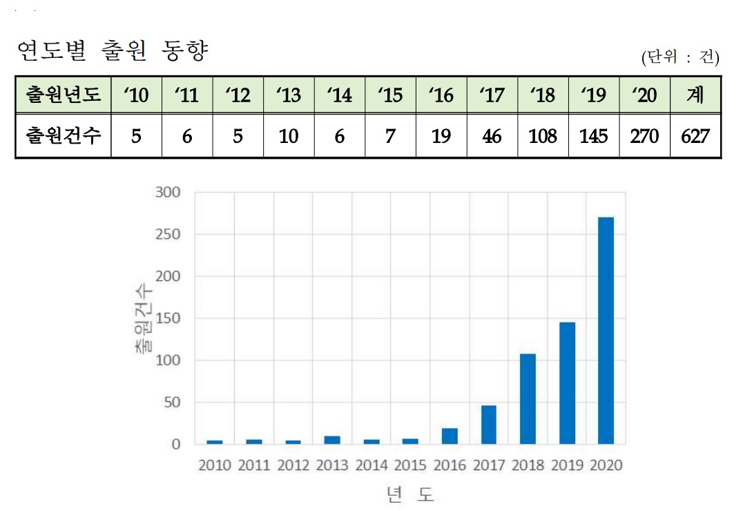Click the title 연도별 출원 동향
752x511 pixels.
pos(111,50)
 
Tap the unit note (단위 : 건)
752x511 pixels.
pos(680,57)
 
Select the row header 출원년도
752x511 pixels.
pos(63,95)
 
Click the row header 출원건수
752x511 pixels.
pos(63,136)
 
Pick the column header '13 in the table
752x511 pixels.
pos(289,95)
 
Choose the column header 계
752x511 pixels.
pos(695,95)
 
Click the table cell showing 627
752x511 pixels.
pos(695,136)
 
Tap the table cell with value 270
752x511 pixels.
pos(644,136)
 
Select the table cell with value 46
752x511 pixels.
pos(492,136)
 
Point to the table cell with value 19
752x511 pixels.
pos(441,136)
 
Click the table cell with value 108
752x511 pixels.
pos(543,136)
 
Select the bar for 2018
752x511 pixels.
pos(528,398)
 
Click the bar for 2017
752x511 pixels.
pos(488,425)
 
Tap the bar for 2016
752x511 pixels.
pos(450,436)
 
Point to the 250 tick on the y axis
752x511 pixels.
pos(166,235)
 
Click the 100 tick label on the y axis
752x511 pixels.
pos(166,360)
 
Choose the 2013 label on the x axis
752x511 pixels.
pos(332,465)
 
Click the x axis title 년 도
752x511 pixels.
pos(410,494)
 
